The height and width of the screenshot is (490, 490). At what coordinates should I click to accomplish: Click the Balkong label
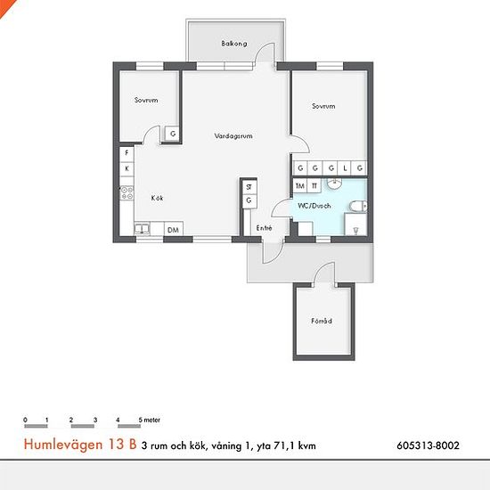234,44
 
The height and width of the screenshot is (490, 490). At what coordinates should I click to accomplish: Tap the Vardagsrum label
233,136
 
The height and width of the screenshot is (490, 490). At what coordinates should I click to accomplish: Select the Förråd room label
322,321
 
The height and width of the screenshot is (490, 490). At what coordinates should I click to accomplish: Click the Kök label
157,198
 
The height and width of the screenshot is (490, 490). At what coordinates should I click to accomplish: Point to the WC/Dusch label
314,206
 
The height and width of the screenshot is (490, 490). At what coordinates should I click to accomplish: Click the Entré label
264,228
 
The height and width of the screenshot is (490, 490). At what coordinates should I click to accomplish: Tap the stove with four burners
127,192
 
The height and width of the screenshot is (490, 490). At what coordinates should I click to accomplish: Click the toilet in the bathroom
358,207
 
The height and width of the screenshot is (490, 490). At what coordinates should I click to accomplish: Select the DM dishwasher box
173,230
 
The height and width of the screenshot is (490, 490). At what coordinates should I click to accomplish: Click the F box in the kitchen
127,153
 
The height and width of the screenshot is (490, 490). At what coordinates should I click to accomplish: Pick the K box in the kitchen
127,168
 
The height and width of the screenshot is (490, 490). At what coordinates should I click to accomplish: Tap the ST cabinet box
249,187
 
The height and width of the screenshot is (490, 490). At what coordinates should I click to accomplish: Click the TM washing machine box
300,186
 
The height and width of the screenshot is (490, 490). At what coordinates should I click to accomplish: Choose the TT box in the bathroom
314,186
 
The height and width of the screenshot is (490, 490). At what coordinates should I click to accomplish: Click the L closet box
345,168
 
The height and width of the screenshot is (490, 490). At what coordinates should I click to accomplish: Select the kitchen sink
143,229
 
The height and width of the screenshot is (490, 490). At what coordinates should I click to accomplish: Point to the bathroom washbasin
334,184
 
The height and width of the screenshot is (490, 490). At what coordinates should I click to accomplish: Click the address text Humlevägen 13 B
80,445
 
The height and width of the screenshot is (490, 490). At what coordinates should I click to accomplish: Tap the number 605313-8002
429,445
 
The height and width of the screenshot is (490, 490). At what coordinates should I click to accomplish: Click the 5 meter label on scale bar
150,420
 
